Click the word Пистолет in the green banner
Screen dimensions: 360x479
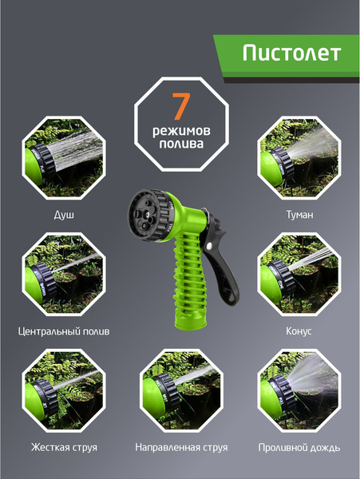click(x=291, y=53)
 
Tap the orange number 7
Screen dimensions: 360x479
click(x=181, y=105)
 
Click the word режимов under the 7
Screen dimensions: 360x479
click(x=181, y=132)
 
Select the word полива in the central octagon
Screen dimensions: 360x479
click(x=181, y=144)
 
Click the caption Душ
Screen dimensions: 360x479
click(x=64, y=215)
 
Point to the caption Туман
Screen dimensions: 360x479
click(x=299, y=215)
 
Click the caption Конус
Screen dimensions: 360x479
click(x=299, y=331)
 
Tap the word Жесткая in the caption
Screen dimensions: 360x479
click(x=47, y=447)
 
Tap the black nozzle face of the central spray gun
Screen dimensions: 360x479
click(x=145, y=215)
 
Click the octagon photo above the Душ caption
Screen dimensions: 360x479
click(x=64, y=157)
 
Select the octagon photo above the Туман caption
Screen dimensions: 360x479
click(x=299, y=157)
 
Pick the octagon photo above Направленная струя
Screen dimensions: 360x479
click(x=181, y=390)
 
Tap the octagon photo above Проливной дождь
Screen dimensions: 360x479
click(x=299, y=390)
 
